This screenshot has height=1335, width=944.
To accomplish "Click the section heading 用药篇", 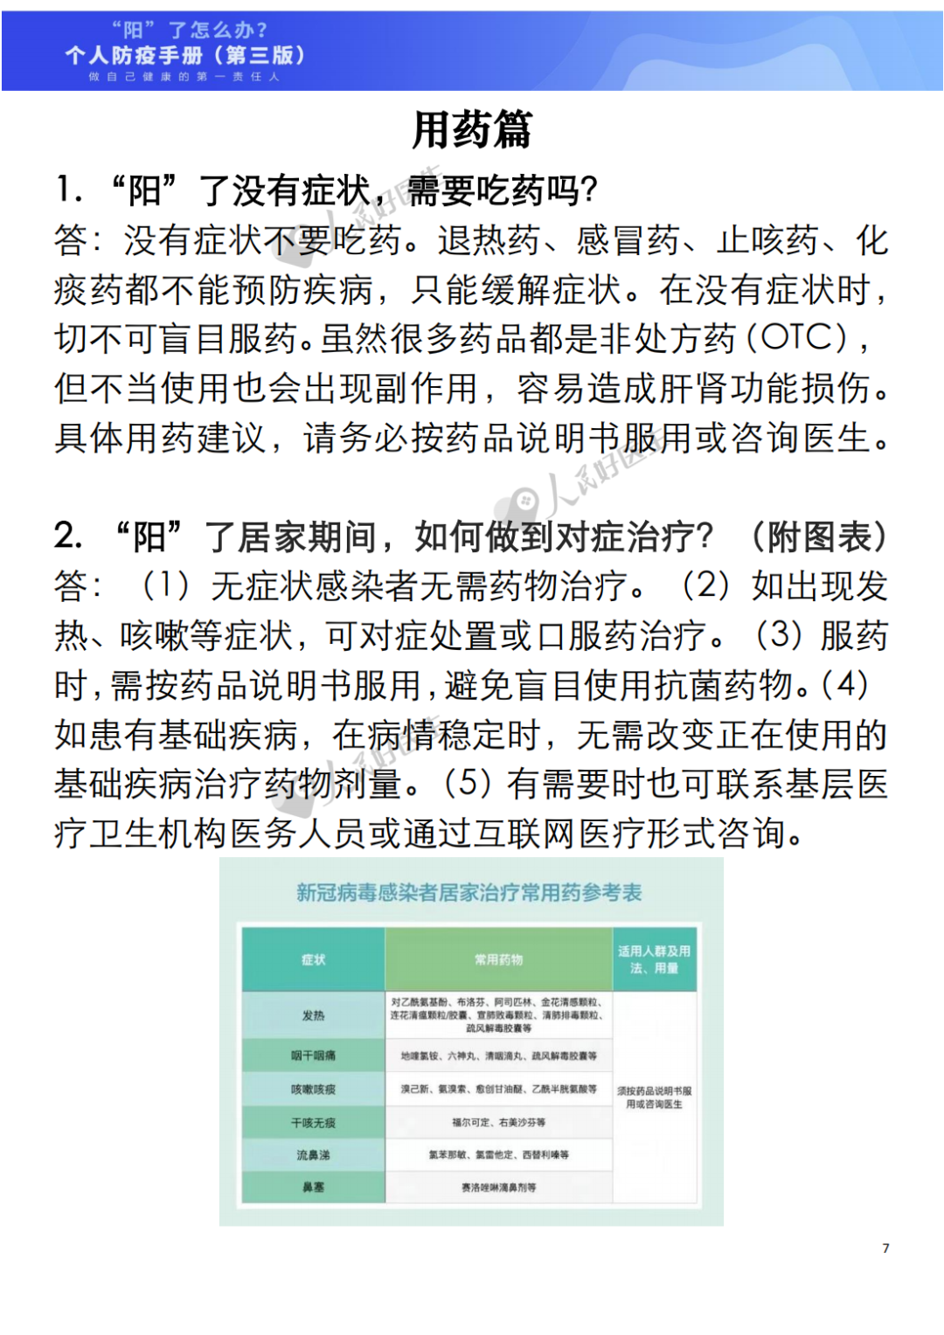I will [x=472, y=131].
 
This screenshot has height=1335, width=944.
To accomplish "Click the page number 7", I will [x=885, y=1249].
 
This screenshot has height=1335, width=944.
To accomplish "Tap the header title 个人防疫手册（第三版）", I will [x=185, y=56].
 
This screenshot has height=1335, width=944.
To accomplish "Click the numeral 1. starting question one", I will [x=69, y=190].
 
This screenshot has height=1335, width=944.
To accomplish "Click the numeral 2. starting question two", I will [x=69, y=536].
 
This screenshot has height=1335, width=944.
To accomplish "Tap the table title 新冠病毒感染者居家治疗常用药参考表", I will [x=469, y=893].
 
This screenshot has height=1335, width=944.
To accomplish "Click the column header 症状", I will [x=313, y=960].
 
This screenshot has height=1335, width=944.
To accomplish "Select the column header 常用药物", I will [x=498, y=960].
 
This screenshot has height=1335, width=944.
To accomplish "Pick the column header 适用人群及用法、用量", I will [x=654, y=960].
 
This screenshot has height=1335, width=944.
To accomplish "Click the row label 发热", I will [x=313, y=1016].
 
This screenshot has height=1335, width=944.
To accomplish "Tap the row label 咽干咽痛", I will [x=313, y=1056].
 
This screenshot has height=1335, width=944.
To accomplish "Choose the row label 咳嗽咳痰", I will [x=313, y=1089].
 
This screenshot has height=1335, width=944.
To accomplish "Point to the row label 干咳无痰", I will [x=313, y=1123].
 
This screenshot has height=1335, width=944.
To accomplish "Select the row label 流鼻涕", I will [x=313, y=1155].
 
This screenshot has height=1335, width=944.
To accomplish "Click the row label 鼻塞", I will [x=313, y=1187].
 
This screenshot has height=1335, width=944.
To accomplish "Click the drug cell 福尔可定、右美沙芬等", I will [x=498, y=1123].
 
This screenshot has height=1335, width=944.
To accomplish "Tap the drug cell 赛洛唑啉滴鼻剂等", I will [x=498, y=1188].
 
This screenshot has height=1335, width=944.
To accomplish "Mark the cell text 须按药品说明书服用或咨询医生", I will [x=654, y=1098].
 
